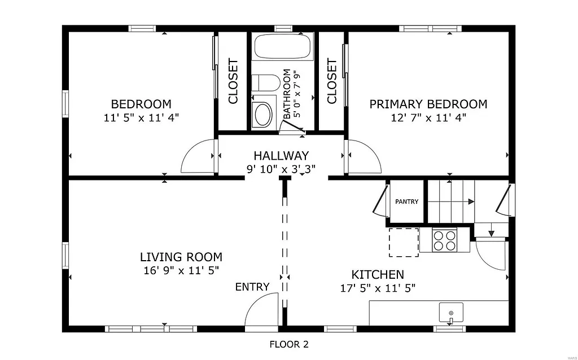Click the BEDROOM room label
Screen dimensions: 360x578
point(141,104)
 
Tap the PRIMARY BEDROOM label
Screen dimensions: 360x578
point(428,104)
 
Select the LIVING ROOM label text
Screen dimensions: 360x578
point(181,257)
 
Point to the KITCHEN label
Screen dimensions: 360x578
point(378,275)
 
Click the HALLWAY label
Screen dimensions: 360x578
point(281,156)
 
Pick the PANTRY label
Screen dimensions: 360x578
point(406,201)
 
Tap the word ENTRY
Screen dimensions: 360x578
point(252,287)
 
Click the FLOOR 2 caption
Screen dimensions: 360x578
point(288,344)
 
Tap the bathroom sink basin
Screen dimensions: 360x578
point(263,115)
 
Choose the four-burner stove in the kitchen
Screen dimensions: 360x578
point(444,240)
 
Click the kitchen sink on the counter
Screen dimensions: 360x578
point(451,312)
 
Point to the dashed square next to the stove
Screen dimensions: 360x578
point(404,242)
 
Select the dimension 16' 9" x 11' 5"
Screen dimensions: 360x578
point(181,271)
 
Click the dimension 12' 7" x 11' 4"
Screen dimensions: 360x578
point(428,118)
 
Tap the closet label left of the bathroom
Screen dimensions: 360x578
point(233,81)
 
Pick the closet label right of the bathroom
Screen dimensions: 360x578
point(332,81)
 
